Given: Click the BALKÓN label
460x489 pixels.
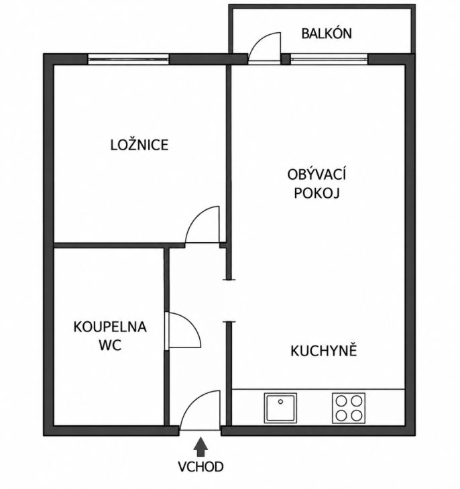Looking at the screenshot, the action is [327, 34].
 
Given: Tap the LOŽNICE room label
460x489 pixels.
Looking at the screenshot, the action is [139, 145].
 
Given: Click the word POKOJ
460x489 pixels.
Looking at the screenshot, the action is [317, 193].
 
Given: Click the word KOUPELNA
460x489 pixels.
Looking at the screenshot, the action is [110, 327].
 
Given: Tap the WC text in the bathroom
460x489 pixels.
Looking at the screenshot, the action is [110, 345].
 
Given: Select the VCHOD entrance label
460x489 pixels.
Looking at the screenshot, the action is [200, 467].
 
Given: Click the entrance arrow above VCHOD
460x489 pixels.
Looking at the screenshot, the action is [200, 447].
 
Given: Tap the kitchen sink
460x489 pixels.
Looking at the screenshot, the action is [280, 408].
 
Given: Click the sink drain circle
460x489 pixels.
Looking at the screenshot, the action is [280, 402].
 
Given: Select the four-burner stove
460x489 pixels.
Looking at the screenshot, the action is [349, 408].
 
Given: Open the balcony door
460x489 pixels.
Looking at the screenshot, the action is [264, 47].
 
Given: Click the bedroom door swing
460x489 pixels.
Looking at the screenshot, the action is [203, 225].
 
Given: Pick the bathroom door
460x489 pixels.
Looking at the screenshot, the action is [183, 329].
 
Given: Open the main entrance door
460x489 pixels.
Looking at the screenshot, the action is [200, 411].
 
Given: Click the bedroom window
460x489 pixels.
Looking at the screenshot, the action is [128, 59].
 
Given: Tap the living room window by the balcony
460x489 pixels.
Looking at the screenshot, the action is [329, 59].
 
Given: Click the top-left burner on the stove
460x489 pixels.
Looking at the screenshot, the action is [341, 400].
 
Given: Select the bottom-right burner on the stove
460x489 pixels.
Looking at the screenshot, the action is [356, 415].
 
